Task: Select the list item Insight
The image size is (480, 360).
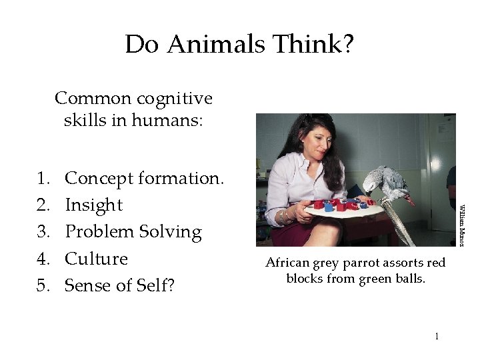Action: pos(93,205)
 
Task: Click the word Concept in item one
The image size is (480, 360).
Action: pos(99,179)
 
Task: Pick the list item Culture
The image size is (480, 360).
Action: pos(96,259)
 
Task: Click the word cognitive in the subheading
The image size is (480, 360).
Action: pos(174,99)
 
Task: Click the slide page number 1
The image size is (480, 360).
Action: pos(437,336)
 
